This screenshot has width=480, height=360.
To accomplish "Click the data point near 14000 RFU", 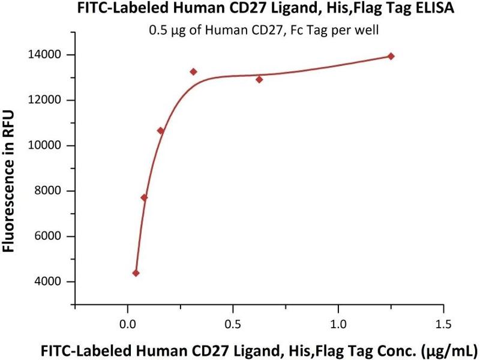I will pos(391,56).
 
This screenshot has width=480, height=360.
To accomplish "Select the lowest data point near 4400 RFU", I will pos(136,273).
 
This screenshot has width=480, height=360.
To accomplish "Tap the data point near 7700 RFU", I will pos(144,197).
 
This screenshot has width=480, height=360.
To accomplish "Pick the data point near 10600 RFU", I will pos(160,131).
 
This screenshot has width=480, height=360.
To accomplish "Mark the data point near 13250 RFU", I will pos(193,71).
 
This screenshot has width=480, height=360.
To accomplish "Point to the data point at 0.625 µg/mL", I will pos(259,79).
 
